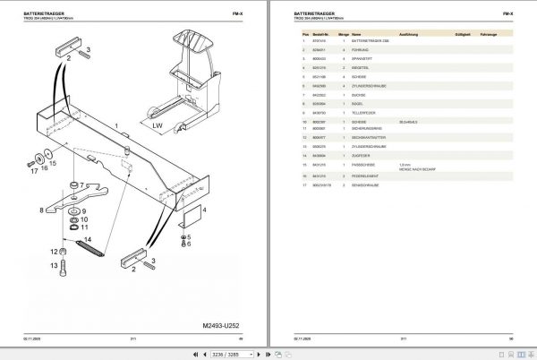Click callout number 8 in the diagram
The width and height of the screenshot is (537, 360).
click(42, 212)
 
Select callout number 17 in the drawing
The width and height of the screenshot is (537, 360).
click(33, 172)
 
